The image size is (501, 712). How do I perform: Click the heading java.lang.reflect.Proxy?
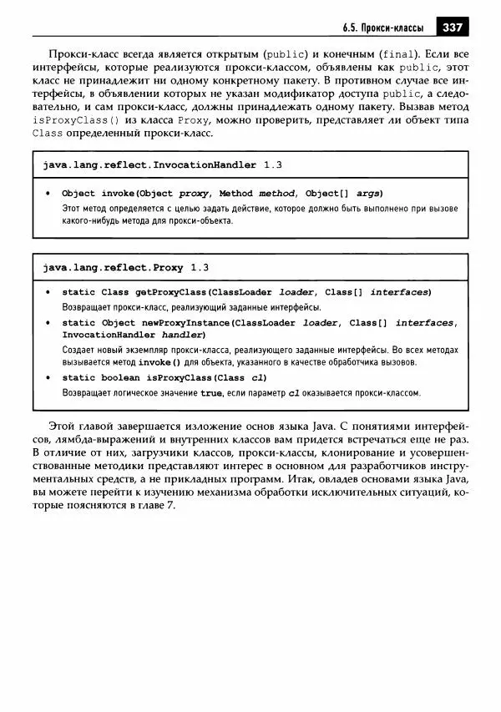(113, 268)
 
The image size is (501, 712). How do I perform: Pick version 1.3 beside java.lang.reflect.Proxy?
(199, 268)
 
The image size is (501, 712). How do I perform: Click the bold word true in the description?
(211, 392)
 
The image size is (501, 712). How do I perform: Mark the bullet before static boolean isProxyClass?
(48, 378)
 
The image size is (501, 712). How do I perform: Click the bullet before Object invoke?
(48, 193)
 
